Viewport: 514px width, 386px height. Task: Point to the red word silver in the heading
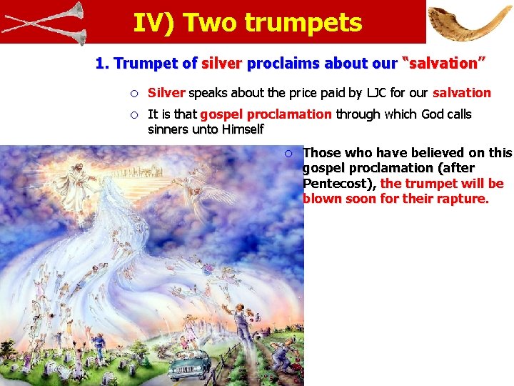click(x=222, y=64)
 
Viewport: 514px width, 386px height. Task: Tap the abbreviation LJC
click(x=374, y=93)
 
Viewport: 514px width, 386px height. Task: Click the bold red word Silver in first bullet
click(x=166, y=93)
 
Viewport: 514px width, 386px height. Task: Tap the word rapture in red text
click(x=464, y=199)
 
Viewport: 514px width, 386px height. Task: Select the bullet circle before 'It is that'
click(x=133, y=114)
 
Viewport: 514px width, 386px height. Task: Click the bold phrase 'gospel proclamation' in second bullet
click(x=266, y=114)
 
